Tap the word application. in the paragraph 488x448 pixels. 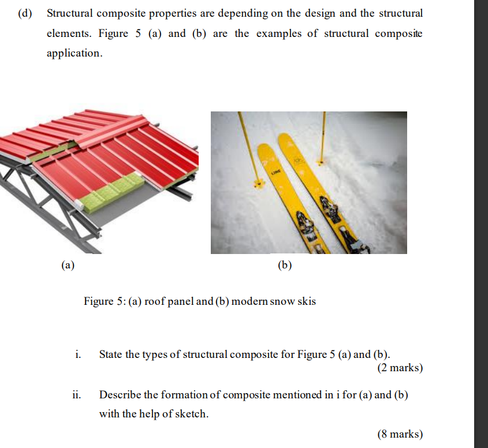click(74, 53)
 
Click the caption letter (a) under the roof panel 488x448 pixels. click(68, 266)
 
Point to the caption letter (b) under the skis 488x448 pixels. click(285, 266)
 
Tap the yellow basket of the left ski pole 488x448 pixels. click(258, 184)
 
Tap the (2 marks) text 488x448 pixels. click(400, 368)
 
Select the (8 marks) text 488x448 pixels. click(400, 434)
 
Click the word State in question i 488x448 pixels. click(111, 354)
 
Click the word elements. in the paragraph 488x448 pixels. click(69, 33)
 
